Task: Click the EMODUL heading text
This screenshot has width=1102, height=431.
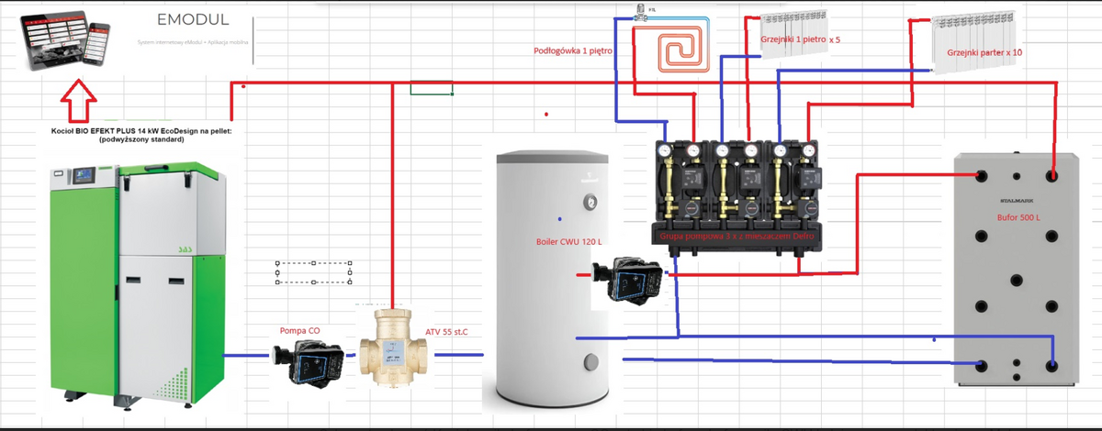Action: (192, 20)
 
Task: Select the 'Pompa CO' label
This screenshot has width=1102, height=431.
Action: (299, 330)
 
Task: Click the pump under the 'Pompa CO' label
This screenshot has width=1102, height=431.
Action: (309, 364)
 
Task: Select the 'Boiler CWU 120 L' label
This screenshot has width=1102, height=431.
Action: (568, 242)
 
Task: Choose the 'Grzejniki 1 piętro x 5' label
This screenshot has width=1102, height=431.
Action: (800, 40)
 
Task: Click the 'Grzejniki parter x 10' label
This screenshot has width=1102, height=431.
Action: (984, 53)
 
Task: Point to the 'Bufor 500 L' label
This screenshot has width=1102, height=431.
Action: (1019, 218)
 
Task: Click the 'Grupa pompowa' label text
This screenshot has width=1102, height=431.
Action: (737, 238)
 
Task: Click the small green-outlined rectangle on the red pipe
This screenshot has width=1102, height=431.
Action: (431, 89)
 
